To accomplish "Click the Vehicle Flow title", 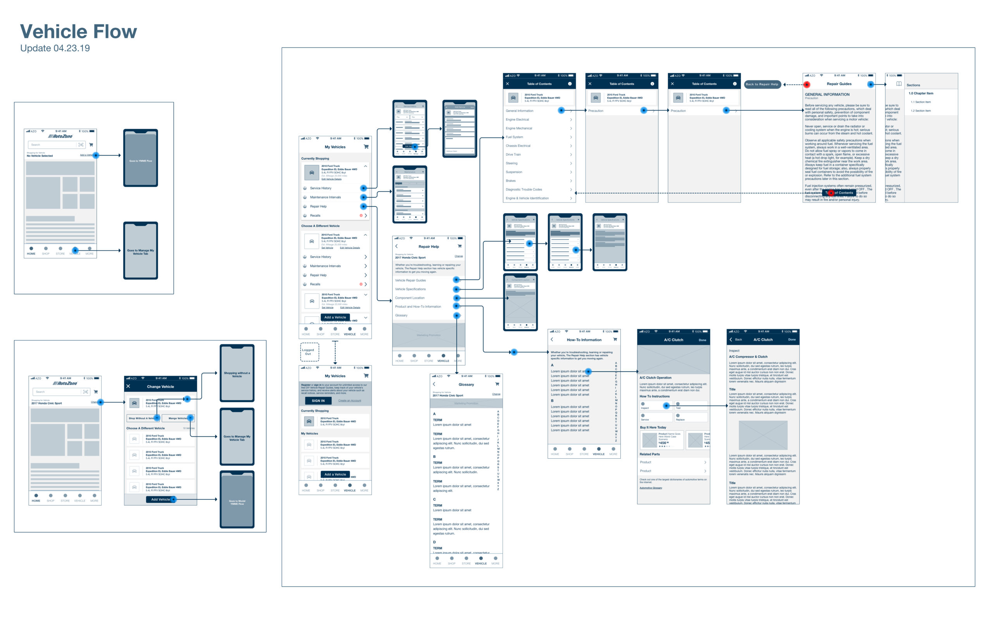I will pyautogui.click(x=78, y=32).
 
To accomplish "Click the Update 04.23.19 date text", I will pyautogui.click(x=55, y=48).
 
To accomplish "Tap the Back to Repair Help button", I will pyautogui.click(x=761, y=84).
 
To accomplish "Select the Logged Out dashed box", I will pyautogui.click(x=310, y=352).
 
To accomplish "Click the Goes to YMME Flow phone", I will pyautogui.click(x=140, y=158).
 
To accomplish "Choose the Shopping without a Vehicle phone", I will pyautogui.click(x=237, y=374).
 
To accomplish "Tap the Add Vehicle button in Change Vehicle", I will pyautogui.click(x=160, y=499).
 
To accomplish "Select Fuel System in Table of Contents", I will pyautogui.click(x=515, y=137).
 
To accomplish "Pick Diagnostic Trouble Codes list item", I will pyautogui.click(x=524, y=189).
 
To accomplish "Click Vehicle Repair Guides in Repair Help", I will pyautogui.click(x=410, y=280).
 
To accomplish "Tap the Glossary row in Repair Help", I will pyautogui.click(x=401, y=315).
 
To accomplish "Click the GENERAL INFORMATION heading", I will pyautogui.click(x=827, y=94).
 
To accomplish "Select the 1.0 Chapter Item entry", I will pyautogui.click(x=921, y=93).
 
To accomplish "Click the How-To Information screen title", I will pyautogui.click(x=584, y=339).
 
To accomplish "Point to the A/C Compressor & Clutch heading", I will pyautogui.click(x=748, y=357).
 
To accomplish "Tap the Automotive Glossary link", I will pyautogui.click(x=650, y=488).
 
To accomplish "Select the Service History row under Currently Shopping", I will pyautogui.click(x=321, y=188).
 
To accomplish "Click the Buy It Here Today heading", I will pyautogui.click(x=653, y=427).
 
